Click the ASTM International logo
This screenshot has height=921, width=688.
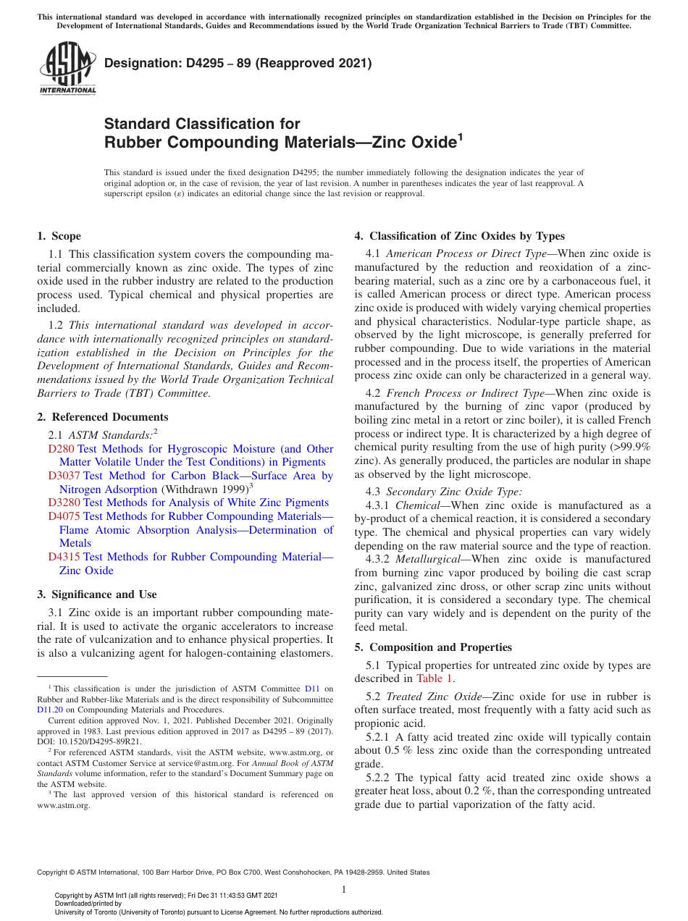[67, 68]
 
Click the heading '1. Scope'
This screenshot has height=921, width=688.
[59, 236]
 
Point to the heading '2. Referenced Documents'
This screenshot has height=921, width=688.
[102, 417]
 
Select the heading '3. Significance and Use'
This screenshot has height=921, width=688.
[96, 594]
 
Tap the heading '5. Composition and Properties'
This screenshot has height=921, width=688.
[433, 647]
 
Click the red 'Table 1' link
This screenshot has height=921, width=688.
[435, 678]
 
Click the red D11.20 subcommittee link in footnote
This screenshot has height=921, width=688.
[49, 710]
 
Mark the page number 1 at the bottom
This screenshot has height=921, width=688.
[344, 890]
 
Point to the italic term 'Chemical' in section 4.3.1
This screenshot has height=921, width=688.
[416, 505]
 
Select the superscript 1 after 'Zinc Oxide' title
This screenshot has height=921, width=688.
[458, 135]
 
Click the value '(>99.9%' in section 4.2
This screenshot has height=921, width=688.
[629, 447]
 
